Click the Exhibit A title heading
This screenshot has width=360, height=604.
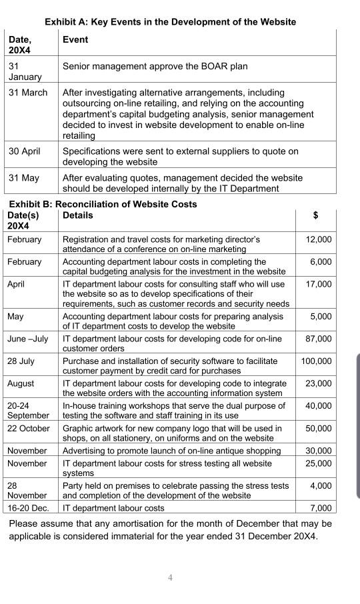point(170,22)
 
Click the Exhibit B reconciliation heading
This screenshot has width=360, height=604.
point(103,204)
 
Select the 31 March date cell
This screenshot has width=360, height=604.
point(28,93)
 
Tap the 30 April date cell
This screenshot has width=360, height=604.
point(25,151)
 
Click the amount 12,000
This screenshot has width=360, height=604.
point(318,239)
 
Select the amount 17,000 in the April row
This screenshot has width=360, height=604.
point(318,284)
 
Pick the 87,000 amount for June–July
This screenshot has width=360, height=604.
point(318,339)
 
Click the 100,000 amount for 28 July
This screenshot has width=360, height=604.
point(315,361)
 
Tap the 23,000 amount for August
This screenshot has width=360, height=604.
point(318,383)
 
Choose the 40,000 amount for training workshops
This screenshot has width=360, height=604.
point(318,405)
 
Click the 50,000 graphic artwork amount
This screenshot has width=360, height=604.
point(318,428)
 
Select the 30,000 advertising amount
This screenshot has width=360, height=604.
point(318,451)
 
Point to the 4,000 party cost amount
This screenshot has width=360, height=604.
point(321,486)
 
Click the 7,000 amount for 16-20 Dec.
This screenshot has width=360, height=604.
point(321,508)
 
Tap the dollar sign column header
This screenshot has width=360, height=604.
point(315,215)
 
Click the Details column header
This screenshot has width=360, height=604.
point(77,215)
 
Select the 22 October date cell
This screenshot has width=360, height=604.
point(29,428)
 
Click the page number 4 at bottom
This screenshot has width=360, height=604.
point(170,578)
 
